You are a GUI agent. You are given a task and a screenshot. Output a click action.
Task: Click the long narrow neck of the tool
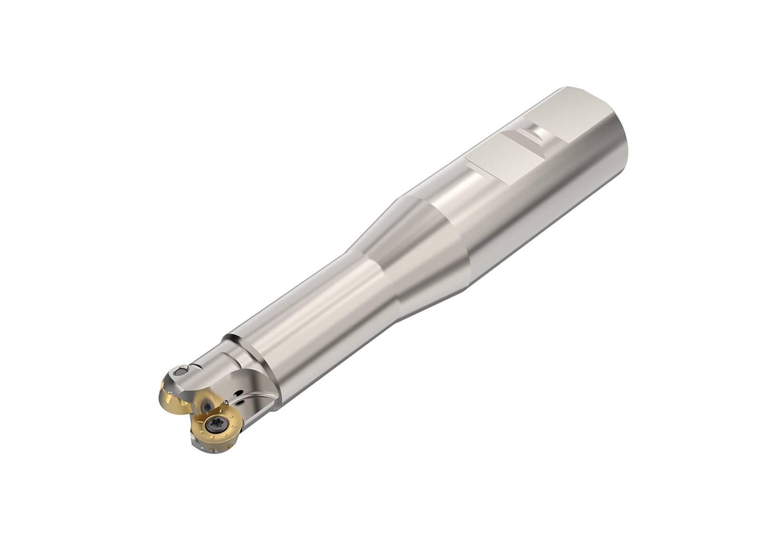(309, 309)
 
